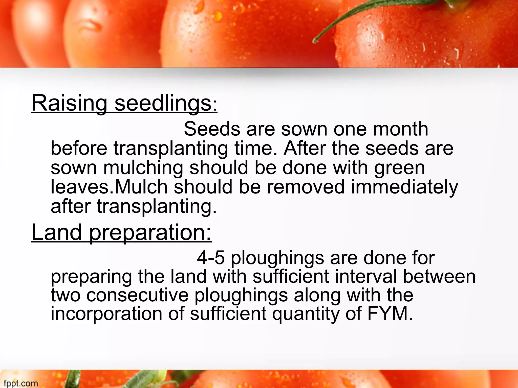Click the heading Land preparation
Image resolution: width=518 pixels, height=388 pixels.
(122, 233)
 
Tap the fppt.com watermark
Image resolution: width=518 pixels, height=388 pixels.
(21, 383)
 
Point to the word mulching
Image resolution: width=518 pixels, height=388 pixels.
(143, 169)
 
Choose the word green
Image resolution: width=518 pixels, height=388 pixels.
(400, 169)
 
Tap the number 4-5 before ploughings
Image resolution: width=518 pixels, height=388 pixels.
(211, 258)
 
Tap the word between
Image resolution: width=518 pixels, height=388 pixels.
(439, 276)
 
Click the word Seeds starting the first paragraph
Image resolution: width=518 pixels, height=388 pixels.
(212, 129)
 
